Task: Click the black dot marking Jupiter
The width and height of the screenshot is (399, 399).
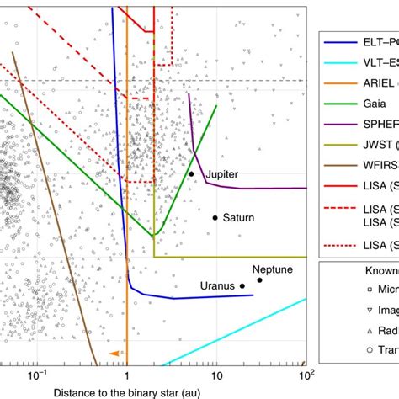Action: pyautogui.click(x=191, y=174)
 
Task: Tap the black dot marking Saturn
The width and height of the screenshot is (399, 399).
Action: pyautogui.click(x=215, y=218)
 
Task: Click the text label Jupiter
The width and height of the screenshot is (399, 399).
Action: pyautogui.click(x=221, y=173)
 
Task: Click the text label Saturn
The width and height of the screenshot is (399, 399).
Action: pyautogui.click(x=238, y=217)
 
